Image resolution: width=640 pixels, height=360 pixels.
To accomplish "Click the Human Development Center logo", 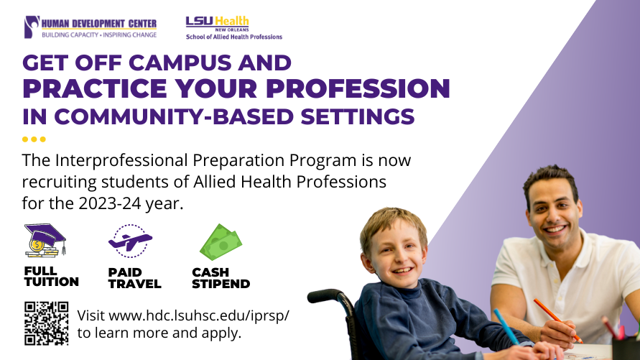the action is [x=91, y=27].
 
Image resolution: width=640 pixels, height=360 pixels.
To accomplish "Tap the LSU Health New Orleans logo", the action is [x=234, y=28].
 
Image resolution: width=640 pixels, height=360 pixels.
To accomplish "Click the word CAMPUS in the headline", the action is [x=180, y=63].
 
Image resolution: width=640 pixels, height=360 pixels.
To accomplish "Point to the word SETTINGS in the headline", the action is [x=358, y=116].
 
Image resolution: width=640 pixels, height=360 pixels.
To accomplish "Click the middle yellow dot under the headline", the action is [x=34, y=139].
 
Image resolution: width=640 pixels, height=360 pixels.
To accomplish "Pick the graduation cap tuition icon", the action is [x=45, y=241].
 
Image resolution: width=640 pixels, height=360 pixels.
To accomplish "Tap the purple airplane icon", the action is [x=130, y=241].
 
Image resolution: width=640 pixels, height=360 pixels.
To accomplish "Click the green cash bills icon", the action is [x=221, y=242].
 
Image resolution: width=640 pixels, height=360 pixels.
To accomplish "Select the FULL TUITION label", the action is [x=52, y=277].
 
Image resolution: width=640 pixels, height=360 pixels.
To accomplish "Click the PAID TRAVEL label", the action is [x=135, y=278].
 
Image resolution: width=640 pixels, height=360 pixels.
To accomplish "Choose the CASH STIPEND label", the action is [x=221, y=278].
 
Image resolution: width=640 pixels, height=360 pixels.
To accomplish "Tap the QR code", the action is [x=46, y=323].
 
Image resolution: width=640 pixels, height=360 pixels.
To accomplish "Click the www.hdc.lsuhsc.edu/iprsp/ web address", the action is [x=199, y=315].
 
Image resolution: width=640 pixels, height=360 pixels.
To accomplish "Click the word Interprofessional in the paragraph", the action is [x=121, y=160].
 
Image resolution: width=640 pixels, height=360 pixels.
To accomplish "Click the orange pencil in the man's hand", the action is [x=557, y=320].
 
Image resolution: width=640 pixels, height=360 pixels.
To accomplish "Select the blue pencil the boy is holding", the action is [x=506, y=326].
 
